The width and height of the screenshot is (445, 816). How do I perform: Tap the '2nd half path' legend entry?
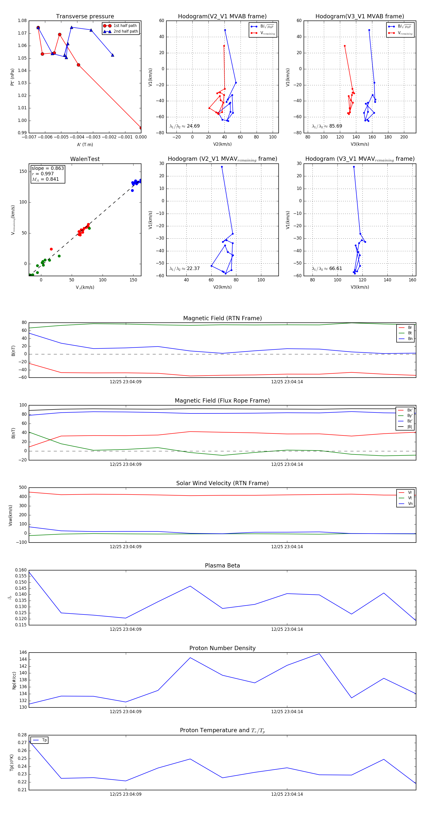(x=125, y=31)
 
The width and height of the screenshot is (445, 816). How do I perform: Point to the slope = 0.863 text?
(x=47, y=168)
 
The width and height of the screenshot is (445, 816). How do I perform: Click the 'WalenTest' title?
(x=85, y=159)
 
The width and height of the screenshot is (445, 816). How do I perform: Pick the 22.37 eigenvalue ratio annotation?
(x=193, y=269)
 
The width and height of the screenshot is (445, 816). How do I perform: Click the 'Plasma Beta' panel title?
(x=222, y=566)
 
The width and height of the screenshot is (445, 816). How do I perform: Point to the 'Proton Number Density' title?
(x=222, y=648)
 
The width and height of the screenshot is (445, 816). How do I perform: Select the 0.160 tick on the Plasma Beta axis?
(x=21, y=570)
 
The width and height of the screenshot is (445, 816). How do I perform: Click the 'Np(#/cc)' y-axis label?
(x=14, y=680)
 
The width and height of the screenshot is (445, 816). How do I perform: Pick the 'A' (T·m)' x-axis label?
(x=85, y=144)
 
